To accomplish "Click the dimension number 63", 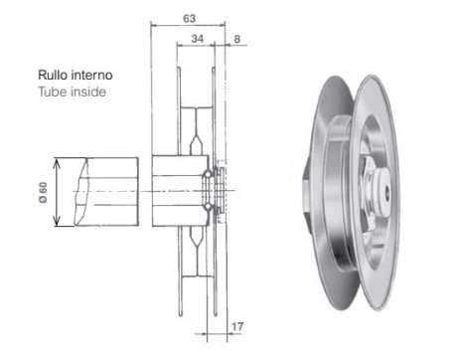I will coord(188,17).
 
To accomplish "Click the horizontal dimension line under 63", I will coord(188,27).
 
